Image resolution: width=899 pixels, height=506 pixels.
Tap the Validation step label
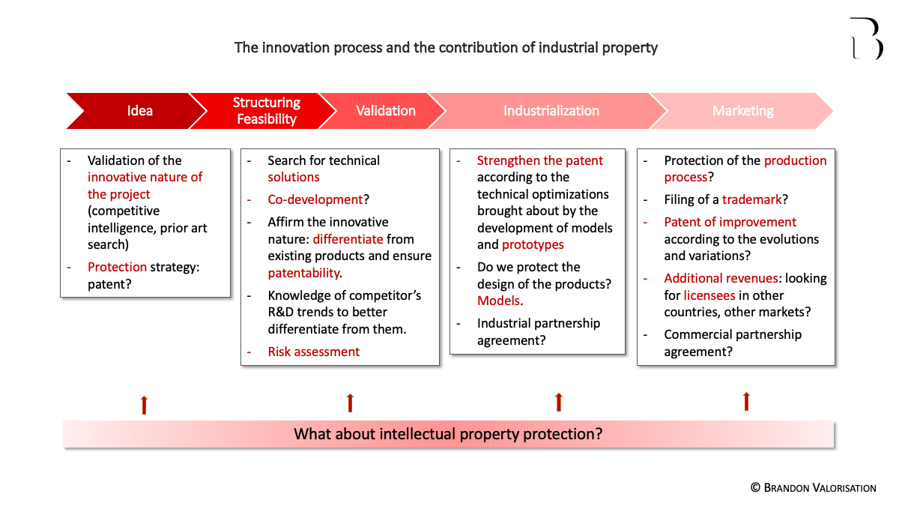(x=386, y=111)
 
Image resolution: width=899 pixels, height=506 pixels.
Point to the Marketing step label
(x=743, y=111)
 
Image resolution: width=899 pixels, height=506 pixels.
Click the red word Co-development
(x=315, y=199)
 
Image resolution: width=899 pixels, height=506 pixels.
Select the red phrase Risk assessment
(x=313, y=352)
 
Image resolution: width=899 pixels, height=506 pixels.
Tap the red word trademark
(x=751, y=199)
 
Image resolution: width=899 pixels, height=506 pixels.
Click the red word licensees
(x=709, y=295)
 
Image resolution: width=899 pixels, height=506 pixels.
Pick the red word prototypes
(x=533, y=245)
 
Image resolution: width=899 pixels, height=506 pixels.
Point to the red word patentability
(x=304, y=274)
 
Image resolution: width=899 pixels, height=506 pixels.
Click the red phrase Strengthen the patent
(x=540, y=160)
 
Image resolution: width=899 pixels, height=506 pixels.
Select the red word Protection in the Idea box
(x=117, y=267)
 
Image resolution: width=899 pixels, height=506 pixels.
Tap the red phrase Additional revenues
(x=721, y=278)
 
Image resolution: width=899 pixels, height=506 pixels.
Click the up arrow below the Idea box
(x=144, y=406)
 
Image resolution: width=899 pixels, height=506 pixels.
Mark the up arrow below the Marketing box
(x=746, y=402)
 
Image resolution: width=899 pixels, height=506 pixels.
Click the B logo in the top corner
(x=867, y=38)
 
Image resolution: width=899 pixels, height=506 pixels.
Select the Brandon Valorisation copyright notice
(x=814, y=488)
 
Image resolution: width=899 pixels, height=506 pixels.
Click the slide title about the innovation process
(x=446, y=48)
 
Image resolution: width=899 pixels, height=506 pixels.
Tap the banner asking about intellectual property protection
(x=448, y=434)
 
